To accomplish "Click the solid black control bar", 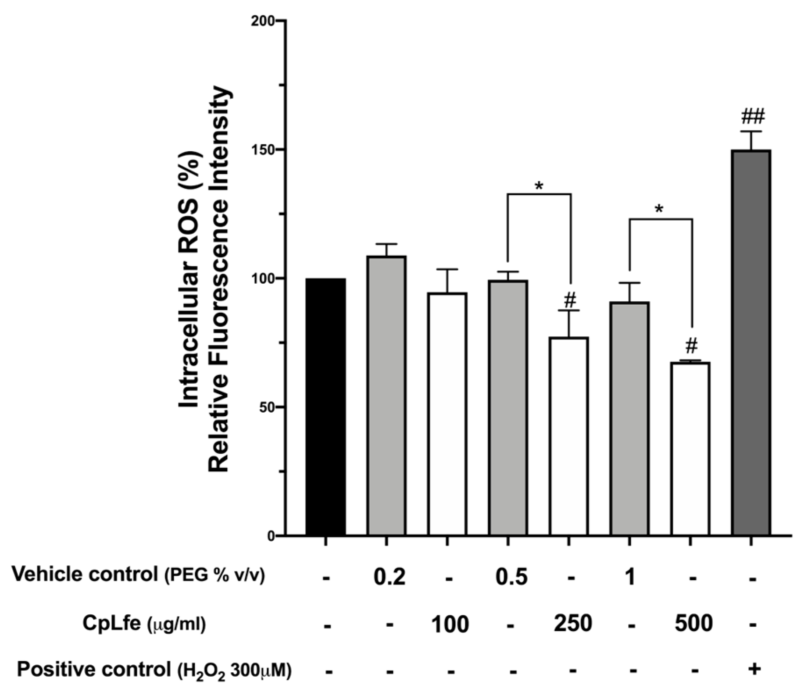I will [325, 407].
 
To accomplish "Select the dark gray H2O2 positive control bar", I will [751, 342].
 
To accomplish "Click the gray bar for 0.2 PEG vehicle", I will [386, 395].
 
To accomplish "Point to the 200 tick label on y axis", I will [262, 21].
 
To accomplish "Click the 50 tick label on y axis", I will [265, 407].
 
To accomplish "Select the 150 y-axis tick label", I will [262, 150].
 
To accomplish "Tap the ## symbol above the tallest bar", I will [753, 117].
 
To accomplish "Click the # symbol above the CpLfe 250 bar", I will [569, 301].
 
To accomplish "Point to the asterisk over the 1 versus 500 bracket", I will [660, 210].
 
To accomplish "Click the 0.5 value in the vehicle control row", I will [511, 577].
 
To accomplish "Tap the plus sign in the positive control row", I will [754, 668].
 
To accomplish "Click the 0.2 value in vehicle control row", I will [389, 577].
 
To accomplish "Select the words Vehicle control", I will [84, 574].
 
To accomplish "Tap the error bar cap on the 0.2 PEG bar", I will [386, 244].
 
